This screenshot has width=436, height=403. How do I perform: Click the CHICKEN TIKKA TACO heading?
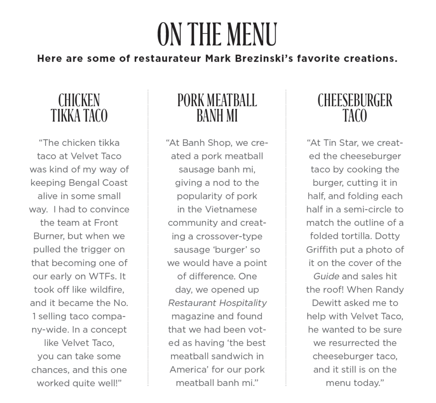pyautogui.click(x=79, y=108)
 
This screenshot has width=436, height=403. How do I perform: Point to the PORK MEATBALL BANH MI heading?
pyautogui.click(x=217, y=108)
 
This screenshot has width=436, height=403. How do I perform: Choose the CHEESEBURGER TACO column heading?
pyautogui.click(x=355, y=108)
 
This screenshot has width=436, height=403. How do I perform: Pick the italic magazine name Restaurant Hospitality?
pyautogui.click(x=217, y=303)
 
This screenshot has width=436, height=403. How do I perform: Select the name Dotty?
pyautogui.click(x=388, y=236)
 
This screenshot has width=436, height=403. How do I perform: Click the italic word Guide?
pyautogui.click(x=326, y=276)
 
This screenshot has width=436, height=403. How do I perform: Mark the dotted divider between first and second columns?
pyautogui.click(x=148, y=238)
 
